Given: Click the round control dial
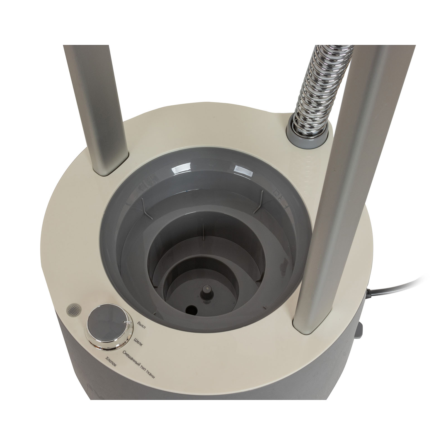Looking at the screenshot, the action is click(x=108, y=334).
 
